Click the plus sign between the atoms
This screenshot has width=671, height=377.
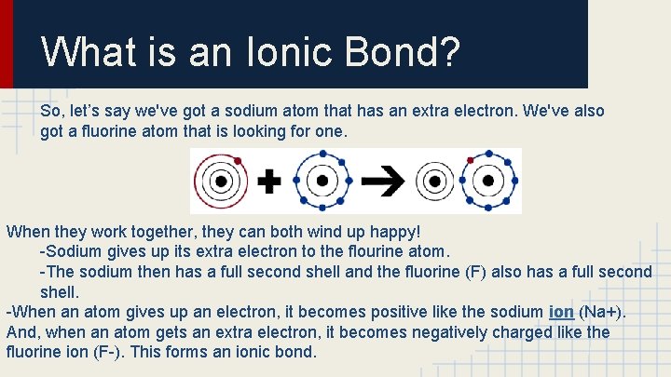(x=268, y=181)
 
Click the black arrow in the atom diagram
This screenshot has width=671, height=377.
(x=378, y=181)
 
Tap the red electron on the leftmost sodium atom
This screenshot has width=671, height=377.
(x=239, y=161)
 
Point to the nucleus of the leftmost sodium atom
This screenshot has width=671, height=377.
(x=222, y=181)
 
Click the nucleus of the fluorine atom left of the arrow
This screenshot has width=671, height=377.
(x=322, y=181)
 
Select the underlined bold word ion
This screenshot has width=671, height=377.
(x=561, y=311)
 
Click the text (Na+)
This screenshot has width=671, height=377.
(x=602, y=311)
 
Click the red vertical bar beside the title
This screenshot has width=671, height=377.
(x=7, y=44)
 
